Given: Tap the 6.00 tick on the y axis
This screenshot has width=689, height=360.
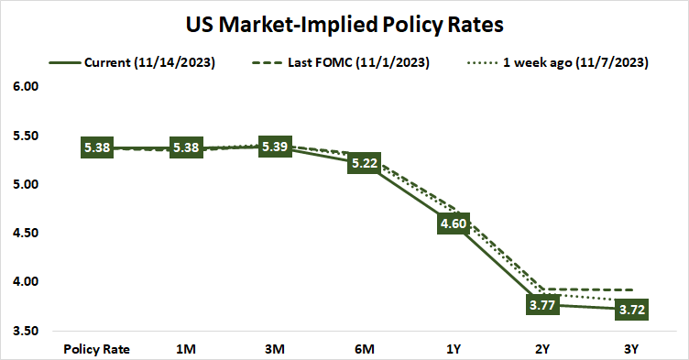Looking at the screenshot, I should [25, 87].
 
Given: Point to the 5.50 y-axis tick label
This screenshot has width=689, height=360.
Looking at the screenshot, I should [25, 136].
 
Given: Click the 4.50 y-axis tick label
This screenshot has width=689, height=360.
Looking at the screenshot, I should [25, 233].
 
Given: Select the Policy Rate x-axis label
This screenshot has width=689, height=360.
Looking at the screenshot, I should [97, 348].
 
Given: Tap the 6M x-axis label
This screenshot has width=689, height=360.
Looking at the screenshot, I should [364, 348].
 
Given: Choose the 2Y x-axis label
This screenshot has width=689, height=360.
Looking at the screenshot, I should [541, 348].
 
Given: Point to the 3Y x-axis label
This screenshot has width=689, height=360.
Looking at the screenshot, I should [630, 348].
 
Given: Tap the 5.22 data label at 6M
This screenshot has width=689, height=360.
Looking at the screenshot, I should [364, 163].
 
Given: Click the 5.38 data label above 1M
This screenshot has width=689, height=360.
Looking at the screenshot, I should [186, 147].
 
